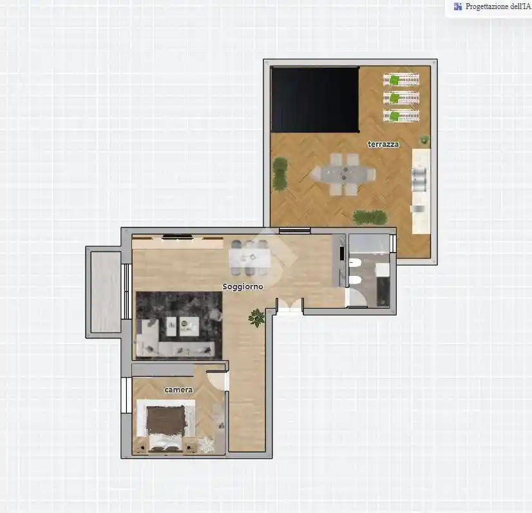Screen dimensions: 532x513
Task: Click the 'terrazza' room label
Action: (x=383, y=144)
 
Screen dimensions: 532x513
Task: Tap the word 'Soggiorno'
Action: (x=243, y=287)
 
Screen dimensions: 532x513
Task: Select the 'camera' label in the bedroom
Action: (x=178, y=390)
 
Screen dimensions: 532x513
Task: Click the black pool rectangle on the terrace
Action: (x=315, y=100)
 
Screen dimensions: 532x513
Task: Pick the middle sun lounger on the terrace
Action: (x=401, y=98)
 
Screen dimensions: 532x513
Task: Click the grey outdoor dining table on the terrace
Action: (x=344, y=174)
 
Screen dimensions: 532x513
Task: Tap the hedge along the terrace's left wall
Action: (x=280, y=174)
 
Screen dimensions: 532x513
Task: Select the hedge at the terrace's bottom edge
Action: (x=370, y=217)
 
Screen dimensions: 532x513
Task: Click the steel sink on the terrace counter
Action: (x=419, y=179)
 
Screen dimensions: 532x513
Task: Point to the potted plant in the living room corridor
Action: (x=257, y=318)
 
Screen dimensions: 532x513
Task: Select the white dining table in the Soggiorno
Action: (x=250, y=258)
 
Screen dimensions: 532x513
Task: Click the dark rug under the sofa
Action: (x=179, y=325)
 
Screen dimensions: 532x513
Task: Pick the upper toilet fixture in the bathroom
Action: (x=355, y=263)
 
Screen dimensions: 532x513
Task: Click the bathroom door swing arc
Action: (x=357, y=298)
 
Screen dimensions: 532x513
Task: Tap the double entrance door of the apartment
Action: (x=290, y=304)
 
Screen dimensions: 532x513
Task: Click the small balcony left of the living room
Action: (x=106, y=292)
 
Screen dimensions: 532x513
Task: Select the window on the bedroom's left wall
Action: (x=126, y=395)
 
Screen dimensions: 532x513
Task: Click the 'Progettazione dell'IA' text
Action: (x=498, y=6)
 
